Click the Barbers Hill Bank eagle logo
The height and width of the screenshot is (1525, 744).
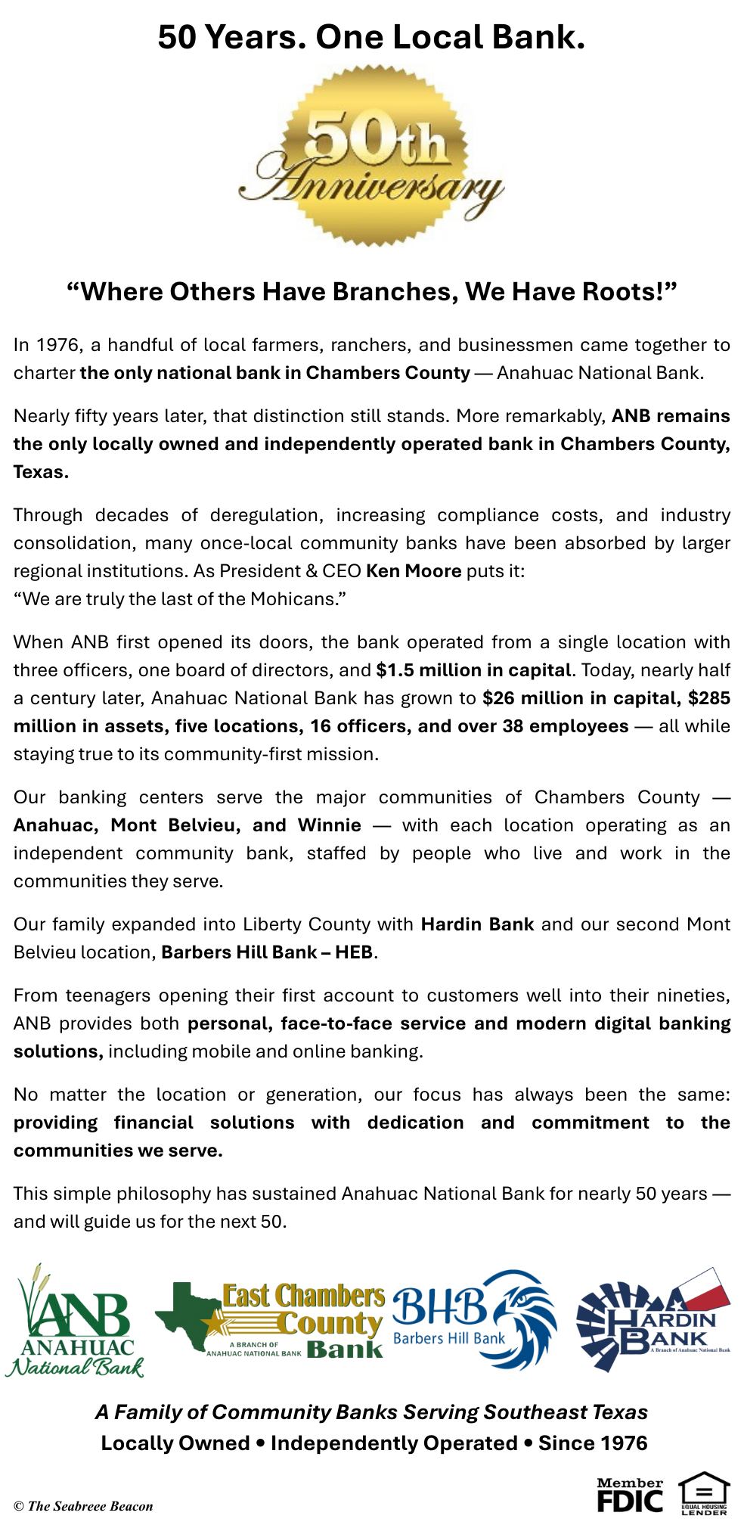[475, 1320]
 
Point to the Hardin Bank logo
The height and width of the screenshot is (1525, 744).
[653, 1320]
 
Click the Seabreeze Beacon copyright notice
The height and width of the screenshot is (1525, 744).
[83, 1506]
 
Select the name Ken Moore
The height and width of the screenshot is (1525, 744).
[414, 570]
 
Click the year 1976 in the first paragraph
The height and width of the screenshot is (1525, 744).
[57, 345]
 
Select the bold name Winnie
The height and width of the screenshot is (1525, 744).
[329, 825]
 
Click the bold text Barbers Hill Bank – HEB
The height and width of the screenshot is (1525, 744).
[267, 952]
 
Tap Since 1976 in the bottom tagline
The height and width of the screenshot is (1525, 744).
[593, 1443]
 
